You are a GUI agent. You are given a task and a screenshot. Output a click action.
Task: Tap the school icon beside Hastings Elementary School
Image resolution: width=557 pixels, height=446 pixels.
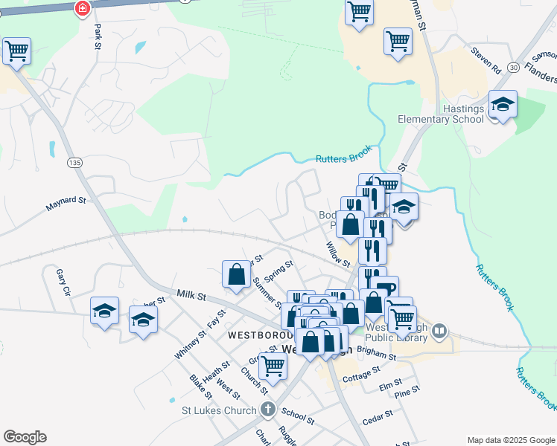tap(503, 106)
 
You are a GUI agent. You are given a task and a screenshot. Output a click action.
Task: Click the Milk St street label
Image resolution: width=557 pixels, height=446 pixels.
tap(191, 296)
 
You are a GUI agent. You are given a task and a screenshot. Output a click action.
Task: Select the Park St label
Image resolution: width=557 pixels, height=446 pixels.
tap(98, 36)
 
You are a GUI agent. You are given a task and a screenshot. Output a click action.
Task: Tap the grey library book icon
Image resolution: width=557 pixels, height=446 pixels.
tap(440, 329)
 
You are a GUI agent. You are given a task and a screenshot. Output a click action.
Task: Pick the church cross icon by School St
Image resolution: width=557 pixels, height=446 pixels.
tap(268, 410)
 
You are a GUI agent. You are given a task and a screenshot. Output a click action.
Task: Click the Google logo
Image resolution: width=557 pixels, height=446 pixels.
tap(25, 437)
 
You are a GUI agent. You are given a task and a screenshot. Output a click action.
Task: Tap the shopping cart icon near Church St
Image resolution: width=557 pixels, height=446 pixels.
tap(273, 366)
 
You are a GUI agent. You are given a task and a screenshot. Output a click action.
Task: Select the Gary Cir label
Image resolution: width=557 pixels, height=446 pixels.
tap(63, 282)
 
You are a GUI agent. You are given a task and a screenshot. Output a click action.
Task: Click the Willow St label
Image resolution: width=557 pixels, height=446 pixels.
tap(337, 254)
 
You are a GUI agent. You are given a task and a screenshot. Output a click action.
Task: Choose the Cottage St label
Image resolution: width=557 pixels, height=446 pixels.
tap(361, 373)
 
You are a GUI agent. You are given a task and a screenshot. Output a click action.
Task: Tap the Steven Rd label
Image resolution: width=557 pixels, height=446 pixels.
tap(486, 61)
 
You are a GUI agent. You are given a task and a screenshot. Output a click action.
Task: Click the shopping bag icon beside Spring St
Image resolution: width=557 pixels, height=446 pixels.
tap(236, 273)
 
